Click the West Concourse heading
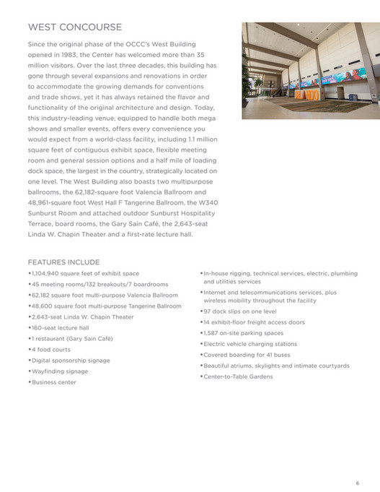point(74,28)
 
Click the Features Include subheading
point(63,262)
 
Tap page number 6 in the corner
point(357,463)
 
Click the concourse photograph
point(300,70)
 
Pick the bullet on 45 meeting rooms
point(89,285)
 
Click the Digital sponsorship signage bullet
point(71,361)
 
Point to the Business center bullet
point(54,382)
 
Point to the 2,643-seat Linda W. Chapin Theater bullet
point(82,317)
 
